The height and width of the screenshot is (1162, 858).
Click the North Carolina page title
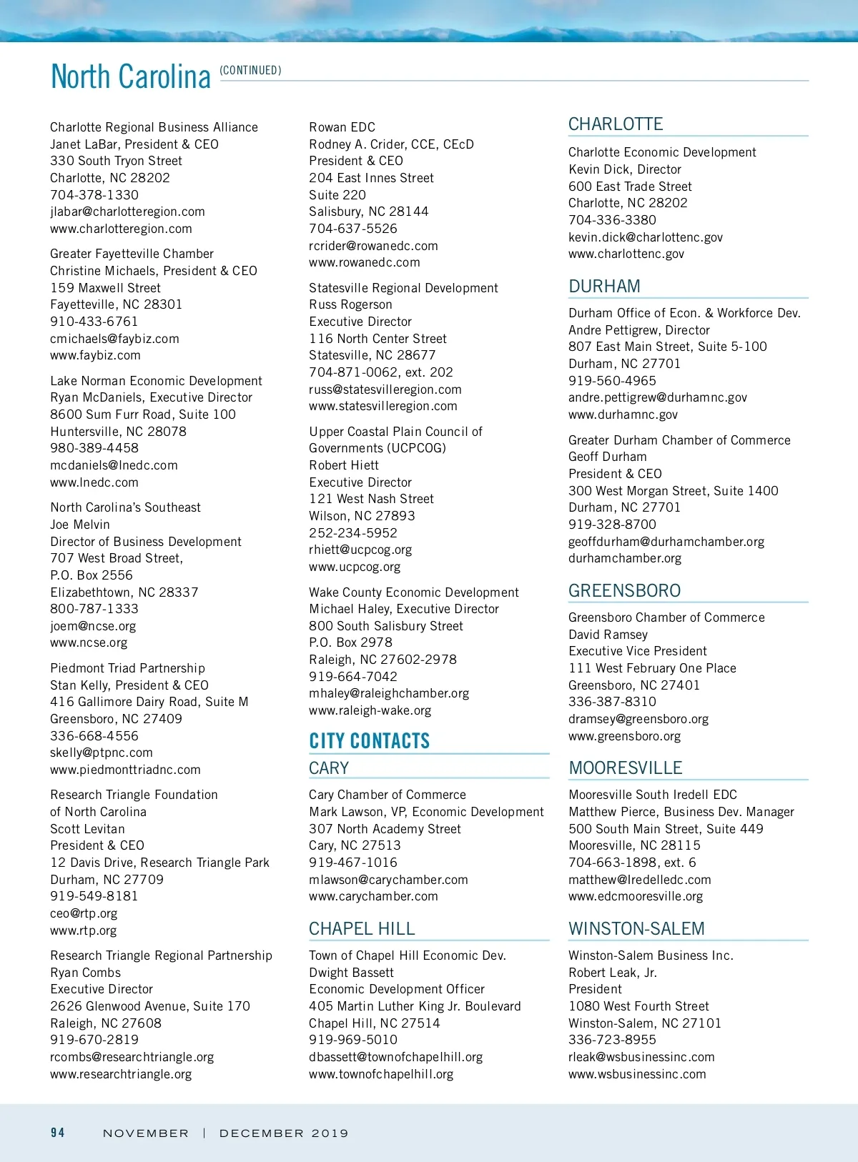point(131,76)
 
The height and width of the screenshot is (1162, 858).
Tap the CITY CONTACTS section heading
point(369,741)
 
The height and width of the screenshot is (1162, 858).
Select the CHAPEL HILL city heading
point(361,928)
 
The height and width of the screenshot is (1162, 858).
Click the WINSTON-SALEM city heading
point(636,928)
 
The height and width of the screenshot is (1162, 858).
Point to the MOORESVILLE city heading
point(625,768)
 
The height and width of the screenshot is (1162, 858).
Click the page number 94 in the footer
point(58,1133)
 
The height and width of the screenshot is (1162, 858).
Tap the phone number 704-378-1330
point(94,194)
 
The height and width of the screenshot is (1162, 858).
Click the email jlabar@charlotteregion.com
point(127,212)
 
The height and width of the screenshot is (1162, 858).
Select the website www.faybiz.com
point(95,355)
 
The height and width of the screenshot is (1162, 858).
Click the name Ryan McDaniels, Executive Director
point(151,397)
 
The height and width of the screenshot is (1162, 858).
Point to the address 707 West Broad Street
point(117,558)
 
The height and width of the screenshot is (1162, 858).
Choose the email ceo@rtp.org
point(84,913)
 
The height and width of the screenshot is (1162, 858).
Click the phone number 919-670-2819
point(94,1040)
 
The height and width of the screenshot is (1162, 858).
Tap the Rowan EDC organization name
point(342,127)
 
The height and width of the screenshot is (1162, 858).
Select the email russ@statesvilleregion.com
point(385,389)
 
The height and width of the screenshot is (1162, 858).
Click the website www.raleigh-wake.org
point(370,710)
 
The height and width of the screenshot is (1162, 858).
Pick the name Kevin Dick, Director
point(624,169)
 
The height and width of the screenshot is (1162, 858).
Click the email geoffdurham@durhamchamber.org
point(666,542)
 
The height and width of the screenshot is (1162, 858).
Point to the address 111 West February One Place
point(651,668)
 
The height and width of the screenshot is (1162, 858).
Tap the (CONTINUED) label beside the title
point(250,70)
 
